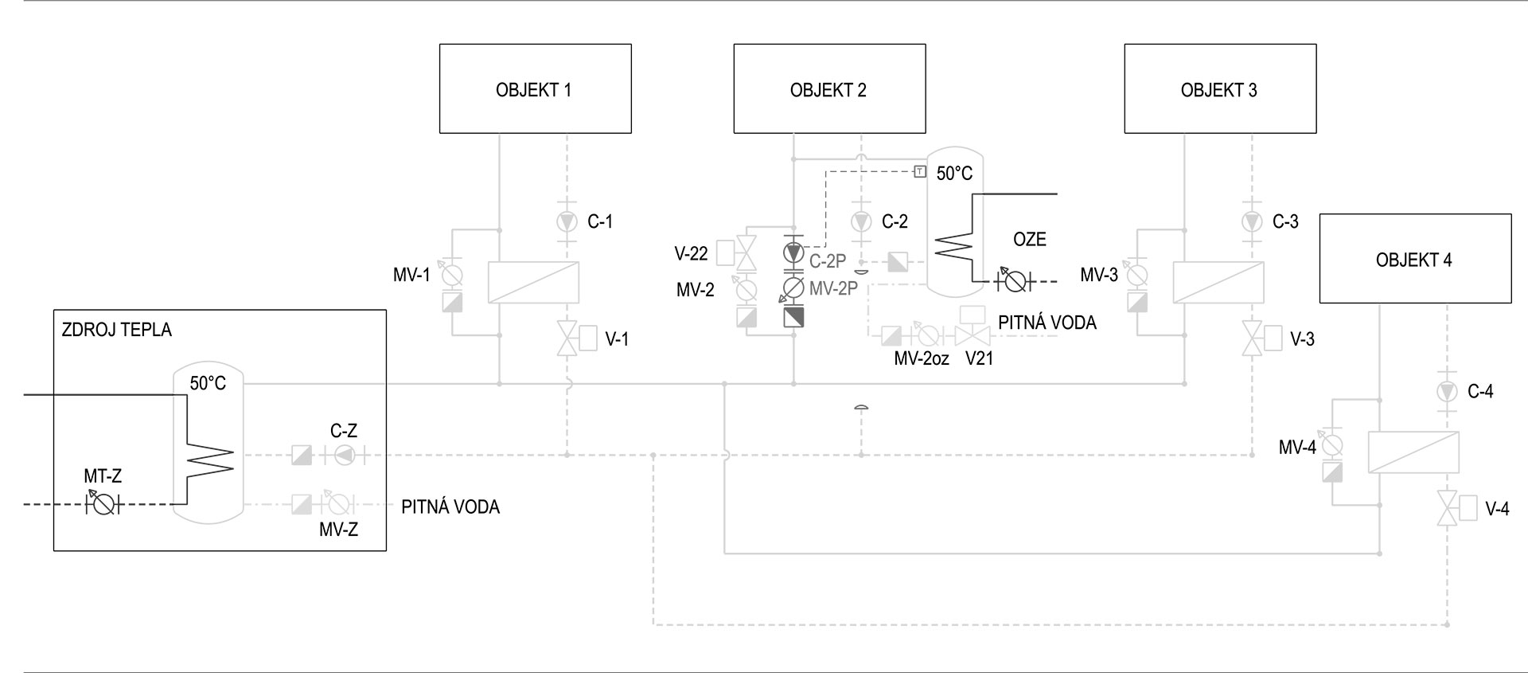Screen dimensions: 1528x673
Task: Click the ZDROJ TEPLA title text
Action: tap(117, 330)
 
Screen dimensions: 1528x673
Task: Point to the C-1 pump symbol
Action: tap(567, 221)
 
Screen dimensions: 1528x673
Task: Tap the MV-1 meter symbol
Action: tap(452, 276)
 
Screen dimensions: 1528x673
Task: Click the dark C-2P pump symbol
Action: tap(793, 252)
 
